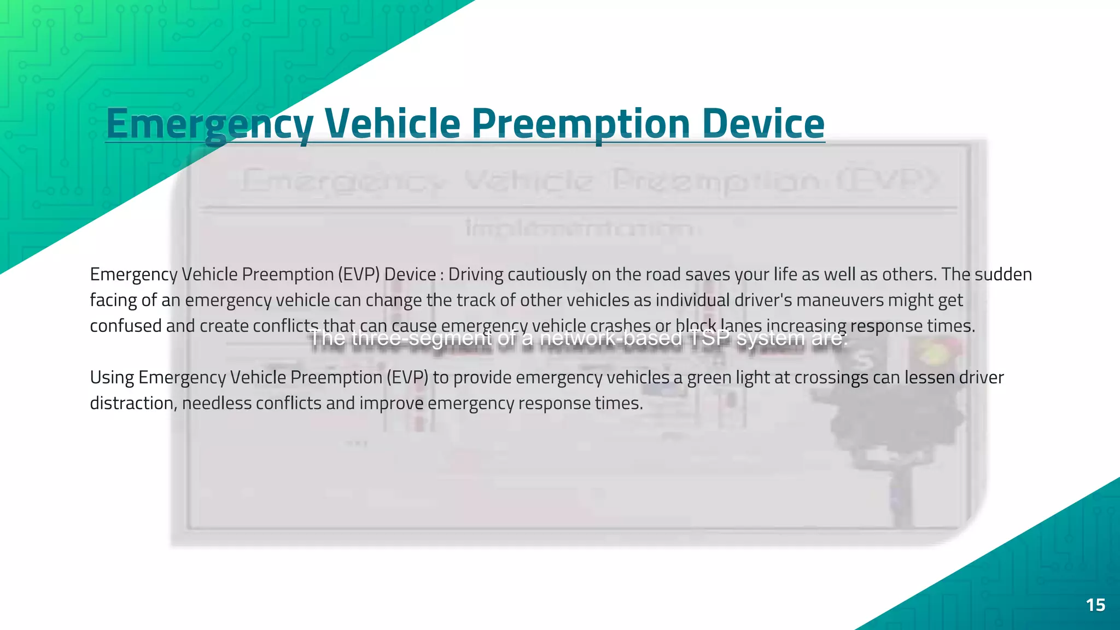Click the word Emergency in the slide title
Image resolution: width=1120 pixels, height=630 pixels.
209,124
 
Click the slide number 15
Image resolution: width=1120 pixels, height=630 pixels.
1095,605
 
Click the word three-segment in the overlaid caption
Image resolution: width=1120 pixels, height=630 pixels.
422,338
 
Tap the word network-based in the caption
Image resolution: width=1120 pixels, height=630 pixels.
611,338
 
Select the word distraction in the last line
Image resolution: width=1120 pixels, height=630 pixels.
132,404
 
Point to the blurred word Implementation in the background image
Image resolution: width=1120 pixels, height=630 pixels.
580,228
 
